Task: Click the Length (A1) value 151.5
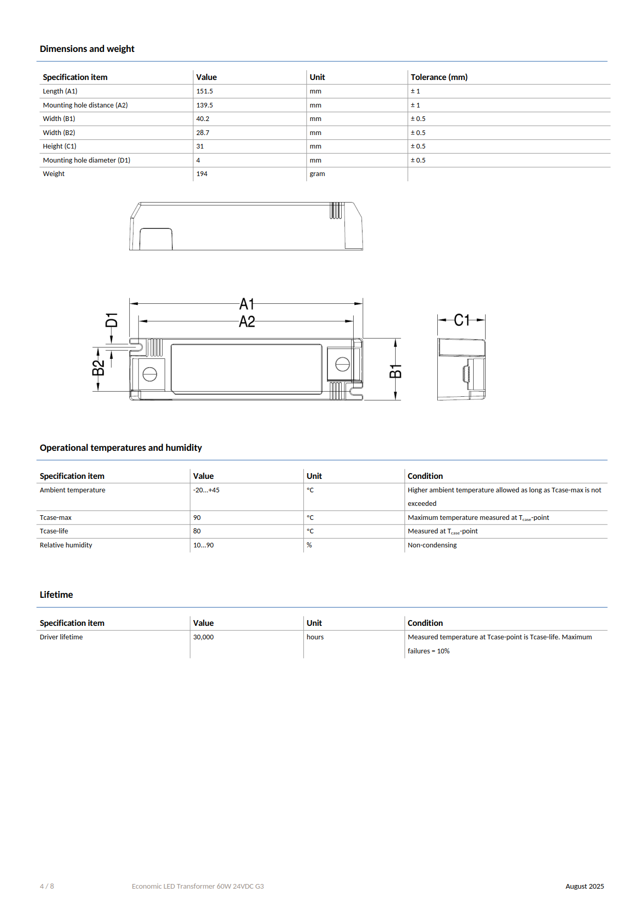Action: (x=205, y=91)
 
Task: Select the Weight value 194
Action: (x=202, y=174)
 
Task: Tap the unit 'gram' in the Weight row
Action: (x=317, y=174)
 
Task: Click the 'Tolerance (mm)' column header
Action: (x=439, y=77)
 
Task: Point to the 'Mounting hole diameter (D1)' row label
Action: (x=87, y=160)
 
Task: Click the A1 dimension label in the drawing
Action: (x=247, y=304)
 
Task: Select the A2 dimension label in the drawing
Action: (x=247, y=322)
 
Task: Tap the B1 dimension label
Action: (x=396, y=371)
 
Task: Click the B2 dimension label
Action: (x=98, y=368)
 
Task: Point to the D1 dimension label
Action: (x=112, y=320)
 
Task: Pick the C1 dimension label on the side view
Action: (x=462, y=320)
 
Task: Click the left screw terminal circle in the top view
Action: (x=150, y=374)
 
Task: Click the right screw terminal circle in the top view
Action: (x=342, y=365)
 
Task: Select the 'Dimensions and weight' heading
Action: (x=87, y=49)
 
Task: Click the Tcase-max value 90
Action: (x=197, y=518)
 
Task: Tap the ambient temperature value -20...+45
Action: (x=206, y=490)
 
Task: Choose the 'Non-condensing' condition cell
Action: (x=432, y=545)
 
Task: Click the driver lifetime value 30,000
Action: (x=204, y=637)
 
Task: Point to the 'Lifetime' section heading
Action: (x=57, y=595)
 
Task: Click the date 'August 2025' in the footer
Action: (x=584, y=887)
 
